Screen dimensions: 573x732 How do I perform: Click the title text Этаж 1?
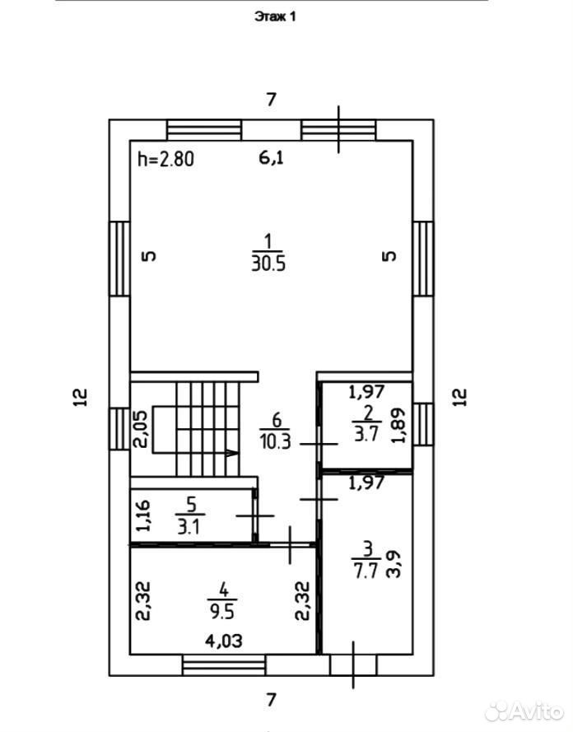tap(275, 16)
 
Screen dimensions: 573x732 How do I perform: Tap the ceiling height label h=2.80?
tap(165, 160)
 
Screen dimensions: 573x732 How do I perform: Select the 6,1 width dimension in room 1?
tap(272, 158)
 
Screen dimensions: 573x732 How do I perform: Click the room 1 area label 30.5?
tap(268, 263)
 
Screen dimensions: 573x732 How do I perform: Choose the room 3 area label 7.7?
tap(366, 571)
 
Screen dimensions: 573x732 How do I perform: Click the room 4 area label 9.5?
tap(222, 612)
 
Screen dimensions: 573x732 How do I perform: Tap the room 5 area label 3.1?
tap(189, 527)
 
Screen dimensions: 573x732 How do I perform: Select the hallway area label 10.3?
tap(276, 441)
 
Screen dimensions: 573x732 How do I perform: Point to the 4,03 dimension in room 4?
tap(224, 641)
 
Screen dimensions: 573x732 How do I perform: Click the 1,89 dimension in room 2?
tap(398, 426)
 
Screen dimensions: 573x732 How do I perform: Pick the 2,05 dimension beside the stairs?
tap(140, 429)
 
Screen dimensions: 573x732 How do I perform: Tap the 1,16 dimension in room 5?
tap(142, 515)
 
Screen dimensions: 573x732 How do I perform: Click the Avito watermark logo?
tap(524, 711)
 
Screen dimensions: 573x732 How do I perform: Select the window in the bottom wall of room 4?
tap(223, 665)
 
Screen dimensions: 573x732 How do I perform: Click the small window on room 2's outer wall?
tap(423, 424)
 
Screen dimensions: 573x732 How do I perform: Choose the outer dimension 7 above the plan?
tap(271, 100)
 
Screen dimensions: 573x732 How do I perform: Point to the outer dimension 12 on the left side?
tap(81, 397)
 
